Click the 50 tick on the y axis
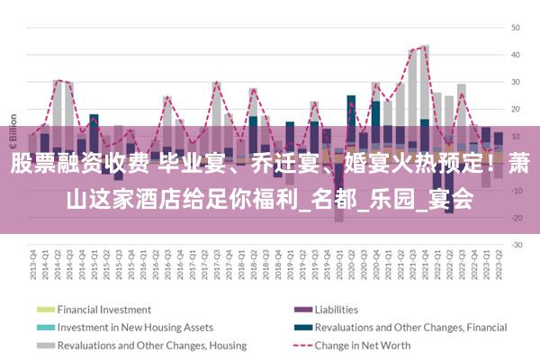point(517,28)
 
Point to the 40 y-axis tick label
point(517,55)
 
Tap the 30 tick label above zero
point(517,82)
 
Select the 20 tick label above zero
point(517,109)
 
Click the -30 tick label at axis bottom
point(517,244)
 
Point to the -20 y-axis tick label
point(517,217)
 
